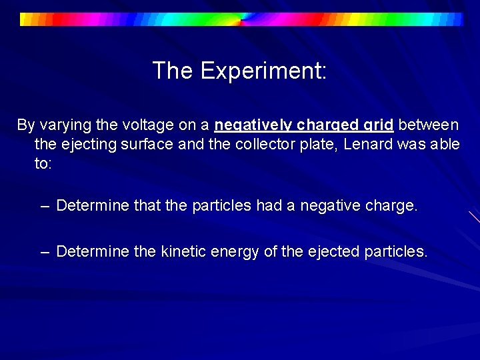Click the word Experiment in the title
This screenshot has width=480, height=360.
click(x=263, y=71)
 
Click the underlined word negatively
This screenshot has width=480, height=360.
click(x=253, y=125)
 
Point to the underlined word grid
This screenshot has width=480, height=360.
click(x=379, y=125)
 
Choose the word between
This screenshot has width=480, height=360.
click(x=429, y=125)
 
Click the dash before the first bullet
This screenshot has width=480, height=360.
click(x=45, y=206)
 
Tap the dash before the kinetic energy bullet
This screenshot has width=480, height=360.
click(x=45, y=251)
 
